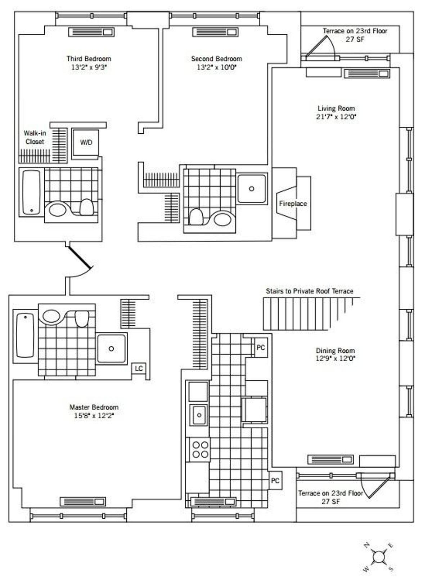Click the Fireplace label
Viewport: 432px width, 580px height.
pos(293,204)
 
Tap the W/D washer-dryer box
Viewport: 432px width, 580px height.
pos(86,143)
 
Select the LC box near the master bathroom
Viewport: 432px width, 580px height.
pos(139,369)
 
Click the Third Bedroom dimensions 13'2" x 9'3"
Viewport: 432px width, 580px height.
pos(89,67)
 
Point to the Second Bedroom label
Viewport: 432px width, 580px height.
pos(216,58)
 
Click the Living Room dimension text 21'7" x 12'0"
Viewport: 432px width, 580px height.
pos(336,117)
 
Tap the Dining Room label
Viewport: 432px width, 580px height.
pos(335,350)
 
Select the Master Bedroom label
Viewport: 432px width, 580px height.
pos(94,407)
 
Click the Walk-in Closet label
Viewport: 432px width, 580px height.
pos(35,137)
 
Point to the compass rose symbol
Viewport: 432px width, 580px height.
pos(378,557)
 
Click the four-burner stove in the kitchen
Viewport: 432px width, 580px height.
pos(200,449)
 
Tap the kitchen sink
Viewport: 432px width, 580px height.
pos(199,415)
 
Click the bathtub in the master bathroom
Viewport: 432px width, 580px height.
pos(25,335)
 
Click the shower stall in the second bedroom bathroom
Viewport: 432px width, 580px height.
pos(252,189)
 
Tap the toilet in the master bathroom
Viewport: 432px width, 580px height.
pos(82,318)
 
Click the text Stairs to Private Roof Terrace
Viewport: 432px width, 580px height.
pos(309,291)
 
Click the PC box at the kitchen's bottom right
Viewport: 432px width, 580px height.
pos(275,481)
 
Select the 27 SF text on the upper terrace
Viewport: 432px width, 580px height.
pos(355,39)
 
